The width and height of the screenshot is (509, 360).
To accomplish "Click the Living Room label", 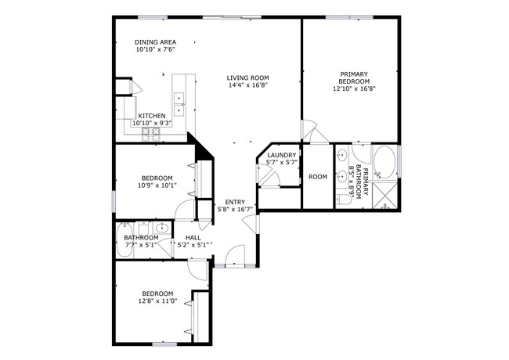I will point(248,77).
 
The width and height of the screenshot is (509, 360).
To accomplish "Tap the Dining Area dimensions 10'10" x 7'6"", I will point(155,49).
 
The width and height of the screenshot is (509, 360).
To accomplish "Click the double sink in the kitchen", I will point(179,98).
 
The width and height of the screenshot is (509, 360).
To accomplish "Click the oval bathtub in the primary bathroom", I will point(384,163).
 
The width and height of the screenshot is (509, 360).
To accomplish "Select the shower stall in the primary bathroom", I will point(384,195).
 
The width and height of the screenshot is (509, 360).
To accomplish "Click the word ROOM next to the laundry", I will point(317,177).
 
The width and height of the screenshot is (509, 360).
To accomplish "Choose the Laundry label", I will point(281,155).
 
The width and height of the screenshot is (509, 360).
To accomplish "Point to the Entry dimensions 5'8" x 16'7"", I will point(234,209).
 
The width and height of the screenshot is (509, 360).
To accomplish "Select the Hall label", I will point(193,237).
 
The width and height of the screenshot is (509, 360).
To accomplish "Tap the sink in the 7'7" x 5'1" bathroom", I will point(161,229).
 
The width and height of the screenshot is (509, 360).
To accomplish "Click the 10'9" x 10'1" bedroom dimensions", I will point(157,185).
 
